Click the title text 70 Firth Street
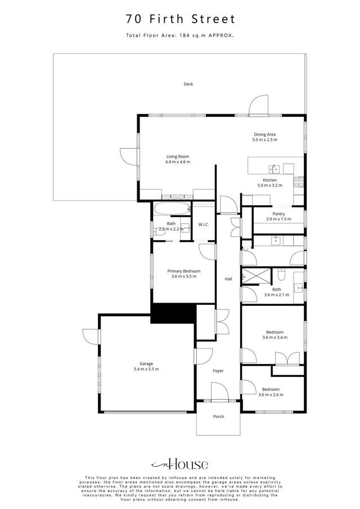[x=179, y=20]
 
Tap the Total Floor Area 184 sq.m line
[x=179, y=36]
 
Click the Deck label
[x=188, y=84]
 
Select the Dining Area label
[x=264, y=134]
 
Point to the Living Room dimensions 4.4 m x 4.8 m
[x=177, y=162]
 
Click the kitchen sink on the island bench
[x=274, y=168]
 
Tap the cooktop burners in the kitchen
[x=299, y=182]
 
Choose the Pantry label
[x=278, y=214]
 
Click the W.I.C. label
[x=204, y=225]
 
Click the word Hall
[x=228, y=279]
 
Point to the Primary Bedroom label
[x=183, y=271]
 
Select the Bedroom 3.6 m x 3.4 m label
[x=274, y=332]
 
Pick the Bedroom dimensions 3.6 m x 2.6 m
[x=271, y=395]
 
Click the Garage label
[x=146, y=363]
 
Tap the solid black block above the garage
[x=173, y=313]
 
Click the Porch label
[x=218, y=417]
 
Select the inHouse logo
[x=179, y=465]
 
